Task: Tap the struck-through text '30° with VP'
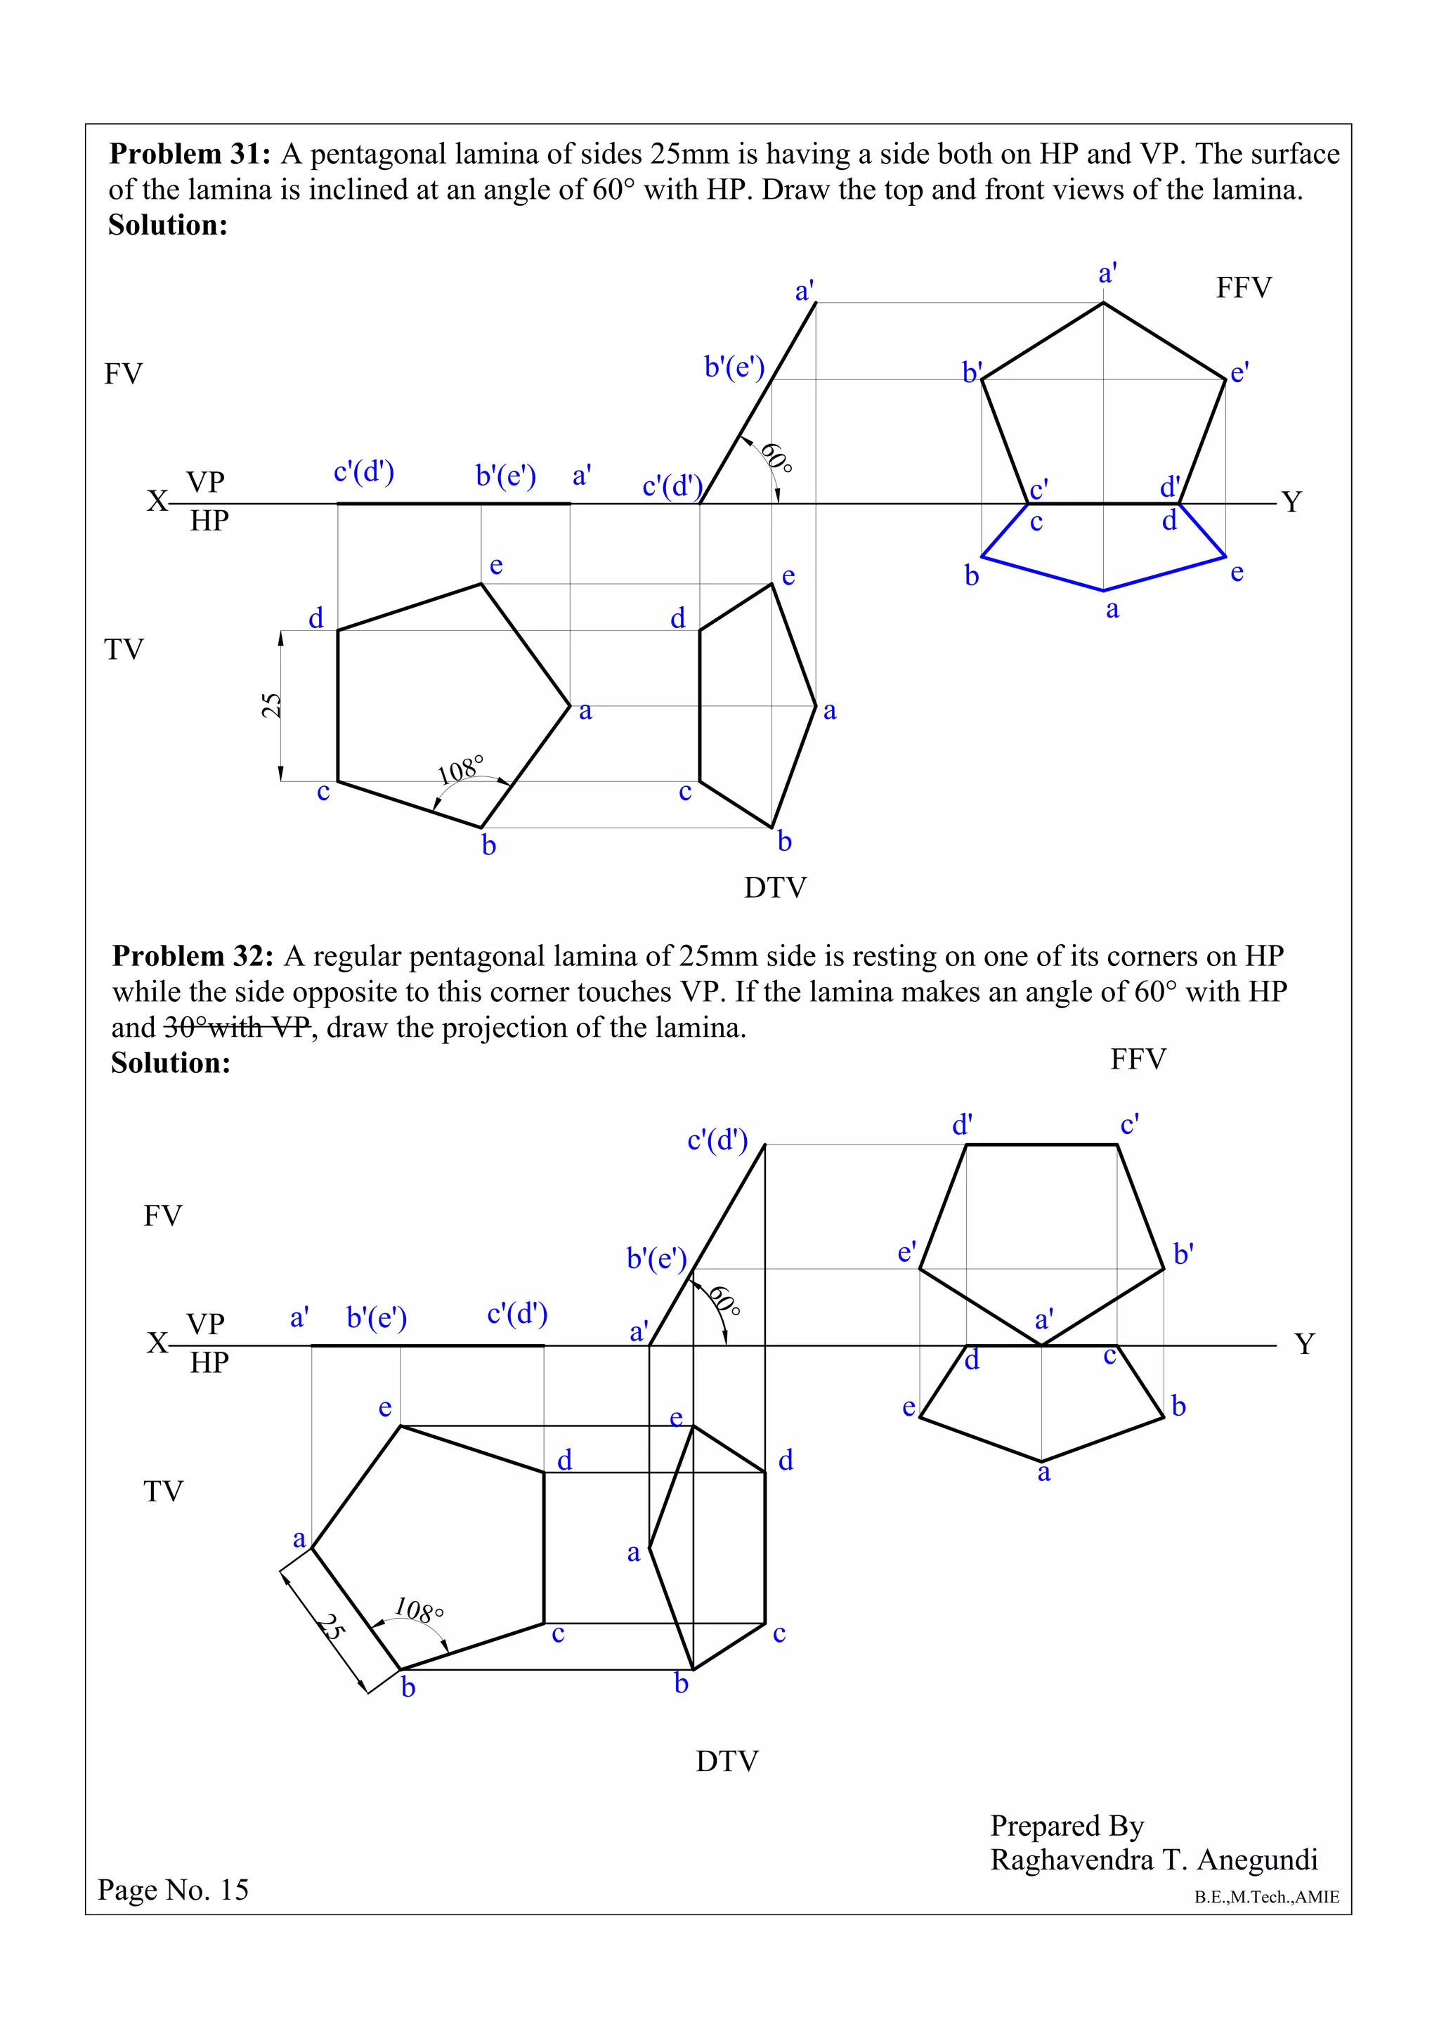pyautogui.click(x=237, y=1028)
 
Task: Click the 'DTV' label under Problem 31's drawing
pyautogui.click(x=775, y=887)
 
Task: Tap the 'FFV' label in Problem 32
pyautogui.click(x=1138, y=1059)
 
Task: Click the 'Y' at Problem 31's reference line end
pyautogui.click(x=1292, y=502)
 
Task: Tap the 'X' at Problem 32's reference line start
pyautogui.click(x=157, y=1343)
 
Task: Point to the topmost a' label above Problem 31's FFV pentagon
pyautogui.click(x=1107, y=273)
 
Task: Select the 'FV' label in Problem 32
pyautogui.click(x=162, y=1215)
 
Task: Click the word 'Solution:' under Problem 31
pyautogui.click(x=167, y=226)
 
